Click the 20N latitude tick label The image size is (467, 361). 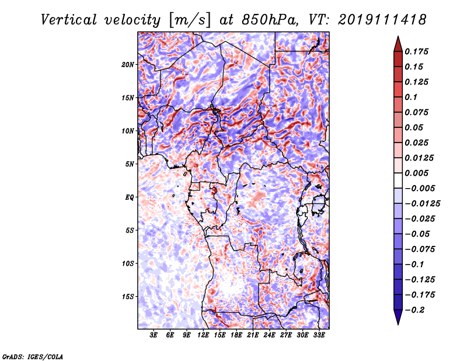pyautogui.click(x=128, y=65)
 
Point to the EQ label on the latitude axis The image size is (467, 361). pyautogui.click(x=129, y=197)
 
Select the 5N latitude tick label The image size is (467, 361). pyautogui.click(x=130, y=164)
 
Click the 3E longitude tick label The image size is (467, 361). pyautogui.click(x=154, y=335)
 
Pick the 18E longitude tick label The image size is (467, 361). pyautogui.click(x=236, y=335)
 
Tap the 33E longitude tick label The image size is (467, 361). pyautogui.click(x=319, y=335)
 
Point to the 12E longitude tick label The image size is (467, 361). pyautogui.click(x=203, y=335)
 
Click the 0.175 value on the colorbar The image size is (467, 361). pyautogui.click(x=416, y=51)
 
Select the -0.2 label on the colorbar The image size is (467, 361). pyautogui.click(x=414, y=310)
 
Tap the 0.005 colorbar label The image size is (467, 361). pyautogui.click(x=416, y=173)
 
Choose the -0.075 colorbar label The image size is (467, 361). pyautogui.click(x=420, y=249)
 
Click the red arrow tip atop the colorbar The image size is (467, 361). pyautogui.click(x=398, y=37)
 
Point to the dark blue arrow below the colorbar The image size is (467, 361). pyautogui.click(x=398, y=317)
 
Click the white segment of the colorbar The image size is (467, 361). pyautogui.click(x=398, y=180)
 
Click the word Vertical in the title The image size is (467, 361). pyautogui.click(x=69, y=20)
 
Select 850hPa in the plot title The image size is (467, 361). pyautogui.click(x=270, y=20)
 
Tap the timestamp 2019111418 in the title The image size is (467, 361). pyautogui.click(x=382, y=20)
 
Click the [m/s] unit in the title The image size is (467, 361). pyautogui.click(x=190, y=20)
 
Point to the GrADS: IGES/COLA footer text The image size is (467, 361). pyautogui.click(x=33, y=356)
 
